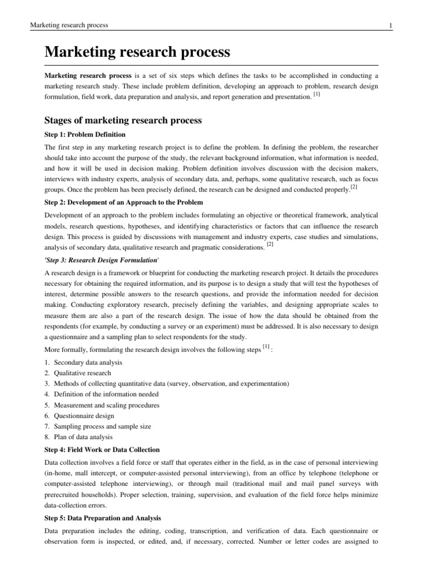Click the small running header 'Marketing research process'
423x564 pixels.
[69, 25]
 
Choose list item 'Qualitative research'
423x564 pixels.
[82, 373]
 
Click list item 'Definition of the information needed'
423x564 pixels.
[106, 394]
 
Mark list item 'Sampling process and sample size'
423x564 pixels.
[102, 426]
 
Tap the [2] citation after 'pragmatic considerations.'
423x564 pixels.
[270, 244]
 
